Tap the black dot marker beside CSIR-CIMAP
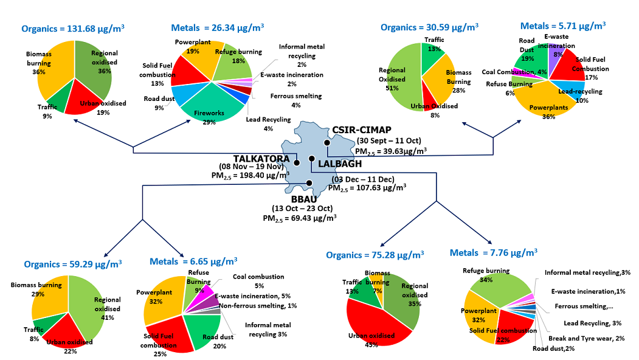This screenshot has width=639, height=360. tap(326, 143)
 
